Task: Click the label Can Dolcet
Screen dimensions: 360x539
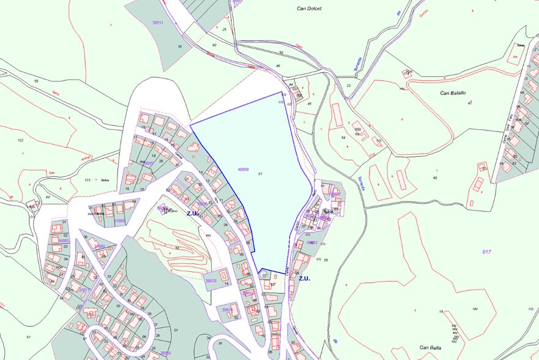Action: (x=309, y=9)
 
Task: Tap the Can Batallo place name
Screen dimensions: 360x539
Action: (x=453, y=93)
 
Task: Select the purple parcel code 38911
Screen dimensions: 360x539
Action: (x=158, y=22)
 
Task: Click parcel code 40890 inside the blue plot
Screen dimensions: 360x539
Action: (x=242, y=170)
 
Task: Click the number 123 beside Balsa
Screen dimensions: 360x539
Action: (x=87, y=180)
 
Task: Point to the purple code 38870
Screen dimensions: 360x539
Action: (x=210, y=280)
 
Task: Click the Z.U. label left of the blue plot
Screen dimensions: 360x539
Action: (x=193, y=214)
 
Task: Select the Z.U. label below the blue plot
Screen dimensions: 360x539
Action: (x=305, y=278)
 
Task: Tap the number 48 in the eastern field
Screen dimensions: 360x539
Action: (x=435, y=178)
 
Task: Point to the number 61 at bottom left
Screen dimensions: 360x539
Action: (x=28, y=337)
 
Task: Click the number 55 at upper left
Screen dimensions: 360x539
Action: (x=36, y=81)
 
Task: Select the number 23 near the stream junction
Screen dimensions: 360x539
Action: (x=349, y=85)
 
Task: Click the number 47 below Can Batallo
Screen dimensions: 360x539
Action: (x=469, y=103)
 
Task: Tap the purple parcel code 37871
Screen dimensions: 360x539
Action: (x=84, y=290)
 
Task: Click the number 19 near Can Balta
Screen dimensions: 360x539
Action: (x=440, y=312)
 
